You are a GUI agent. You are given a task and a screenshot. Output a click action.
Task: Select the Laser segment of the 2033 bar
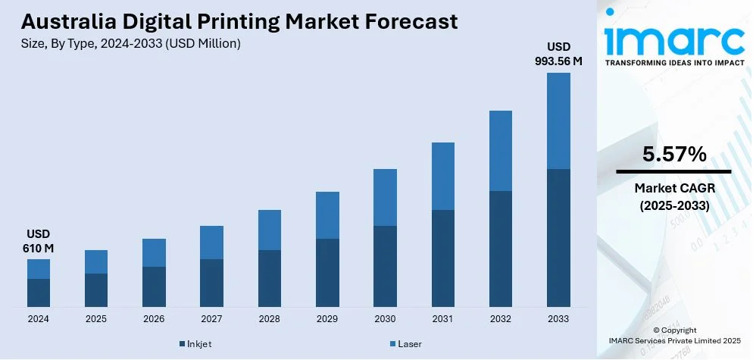point(558,121)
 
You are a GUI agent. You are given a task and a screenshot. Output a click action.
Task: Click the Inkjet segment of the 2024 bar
point(39,293)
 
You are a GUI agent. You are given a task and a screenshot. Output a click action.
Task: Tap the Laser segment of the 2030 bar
point(385,197)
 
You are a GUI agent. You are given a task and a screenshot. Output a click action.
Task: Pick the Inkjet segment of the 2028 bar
point(270,278)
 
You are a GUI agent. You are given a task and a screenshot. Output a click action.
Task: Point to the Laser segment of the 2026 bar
point(154,252)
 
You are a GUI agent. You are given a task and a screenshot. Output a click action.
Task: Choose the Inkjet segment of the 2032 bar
point(501,249)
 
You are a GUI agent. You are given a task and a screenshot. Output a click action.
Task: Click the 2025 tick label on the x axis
point(96,319)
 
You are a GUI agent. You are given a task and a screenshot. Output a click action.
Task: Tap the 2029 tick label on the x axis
point(327,319)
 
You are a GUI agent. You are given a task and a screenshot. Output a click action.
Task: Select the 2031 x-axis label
point(443,319)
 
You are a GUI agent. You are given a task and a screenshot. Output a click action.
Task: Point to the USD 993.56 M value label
point(558,55)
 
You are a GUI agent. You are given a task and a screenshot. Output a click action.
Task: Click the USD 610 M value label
point(39,241)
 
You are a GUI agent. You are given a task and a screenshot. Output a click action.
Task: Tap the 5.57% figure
point(674,155)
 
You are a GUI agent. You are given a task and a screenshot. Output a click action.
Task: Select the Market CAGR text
point(674,187)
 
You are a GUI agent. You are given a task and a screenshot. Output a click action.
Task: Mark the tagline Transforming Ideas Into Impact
point(674,63)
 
